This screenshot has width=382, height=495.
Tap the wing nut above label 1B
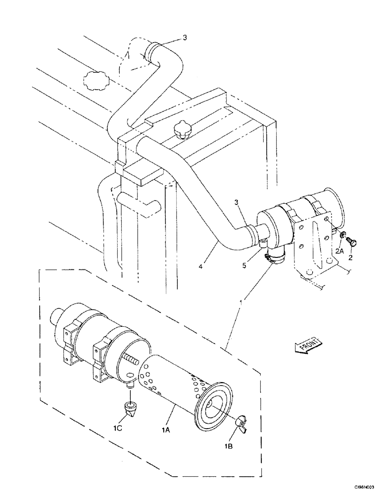point(242,407)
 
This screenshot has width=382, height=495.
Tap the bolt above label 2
point(352,242)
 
